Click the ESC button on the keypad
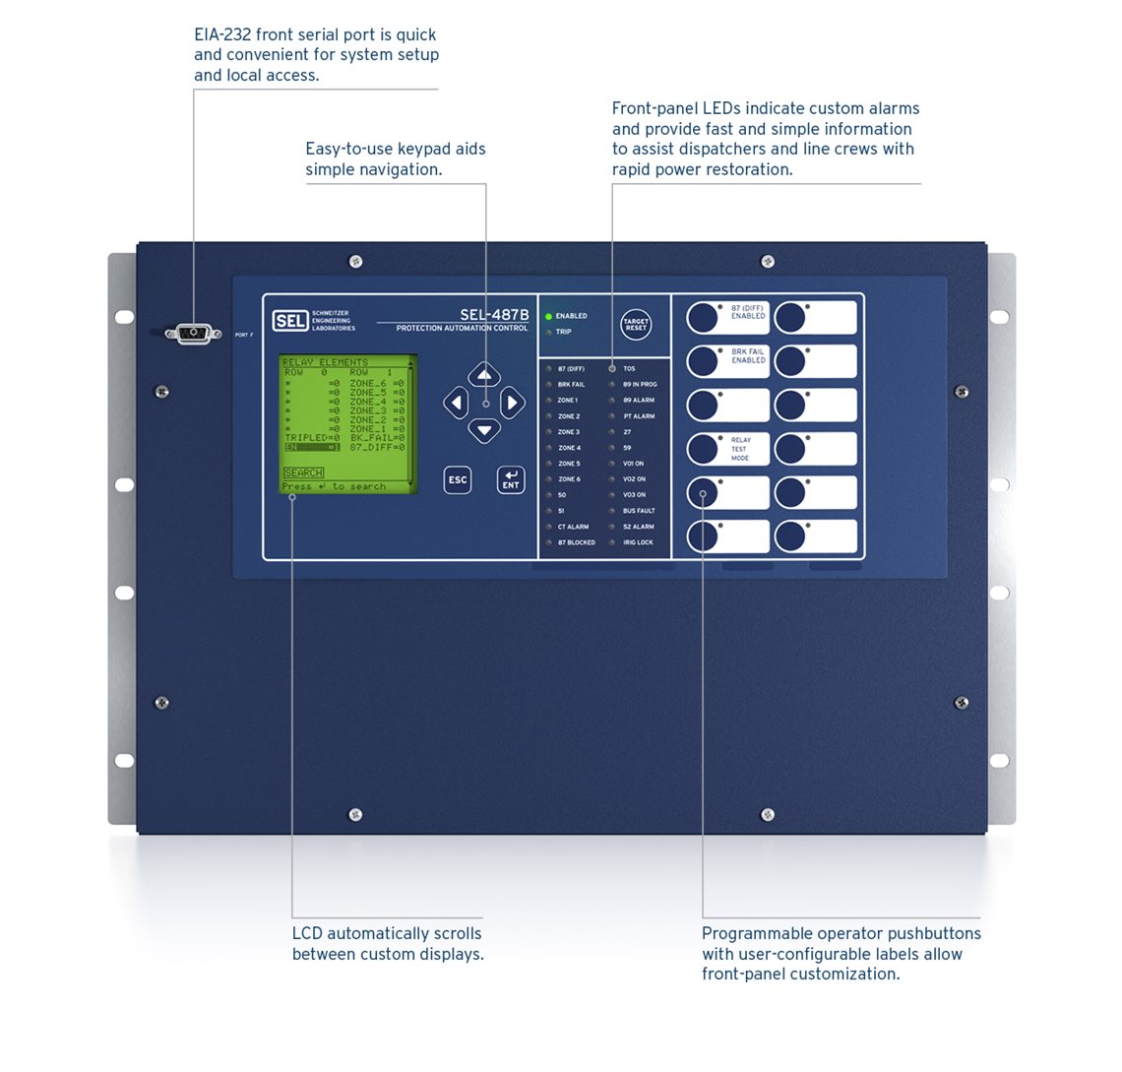(x=458, y=479)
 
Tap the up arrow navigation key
(x=484, y=375)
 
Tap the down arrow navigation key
(x=484, y=430)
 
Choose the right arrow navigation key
(x=512, y=403)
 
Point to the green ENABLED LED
(x=548, y=316)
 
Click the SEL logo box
(x=289, y=321)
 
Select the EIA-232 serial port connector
(x=193, y=333)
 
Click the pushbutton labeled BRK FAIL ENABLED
(x=703, y=360)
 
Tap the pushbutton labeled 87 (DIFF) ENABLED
(x=703, y=317)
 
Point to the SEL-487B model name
(x=494, y=315)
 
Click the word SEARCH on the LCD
(x=303, y=473)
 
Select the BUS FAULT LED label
(x=639, y=511)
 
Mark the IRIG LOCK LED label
(x=638, y=542)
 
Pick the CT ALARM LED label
(x=573, y=527)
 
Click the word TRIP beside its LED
(x=563, y=332)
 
